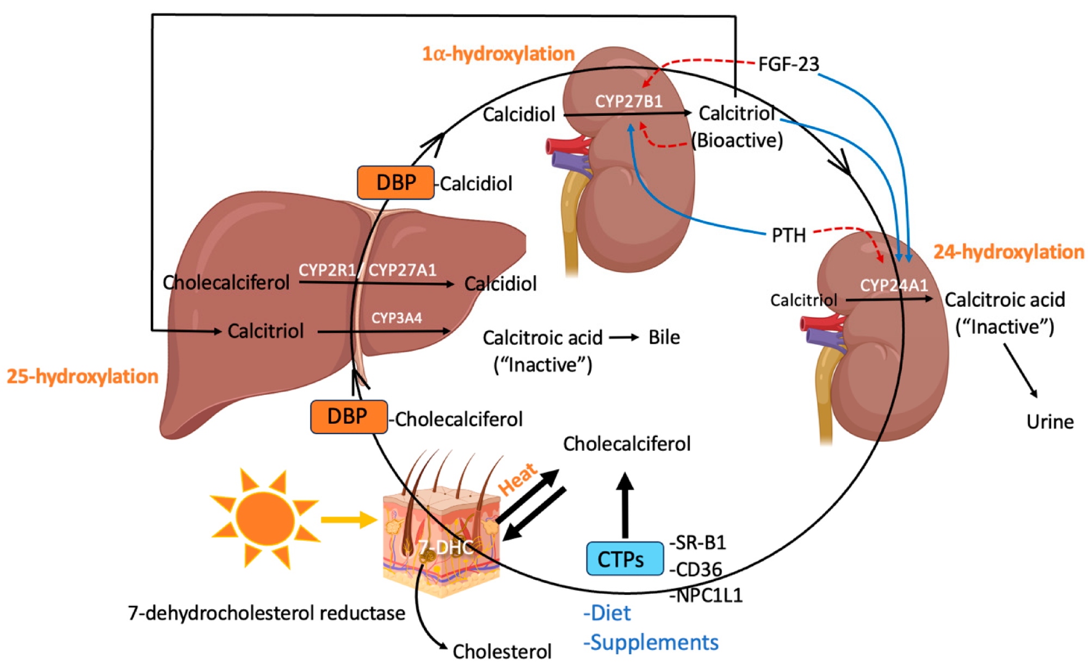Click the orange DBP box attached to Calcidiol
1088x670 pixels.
point(395,183)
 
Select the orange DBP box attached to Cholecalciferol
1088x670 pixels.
point(349,417)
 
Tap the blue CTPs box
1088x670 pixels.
point(625,559)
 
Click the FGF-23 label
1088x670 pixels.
point(788,64)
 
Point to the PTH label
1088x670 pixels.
point(788,235)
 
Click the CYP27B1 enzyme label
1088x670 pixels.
point(628,102)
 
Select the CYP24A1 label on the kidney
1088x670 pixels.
point(893,285)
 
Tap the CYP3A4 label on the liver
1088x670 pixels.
point(397,318)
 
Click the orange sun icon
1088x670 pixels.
point(265,519)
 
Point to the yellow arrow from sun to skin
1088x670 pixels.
point(348,519)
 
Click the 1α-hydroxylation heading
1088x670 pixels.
point(498,54)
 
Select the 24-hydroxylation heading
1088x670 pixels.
point(1009,252)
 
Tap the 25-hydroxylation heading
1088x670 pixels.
point(82,376)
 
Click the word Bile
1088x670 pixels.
point(664,337)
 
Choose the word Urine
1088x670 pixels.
point(1049,422)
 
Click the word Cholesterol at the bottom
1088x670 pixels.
point(502,651)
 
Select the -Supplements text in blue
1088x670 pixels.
point(651,642)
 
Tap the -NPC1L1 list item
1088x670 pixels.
point(706,595)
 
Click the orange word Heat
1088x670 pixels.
point(517,479)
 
